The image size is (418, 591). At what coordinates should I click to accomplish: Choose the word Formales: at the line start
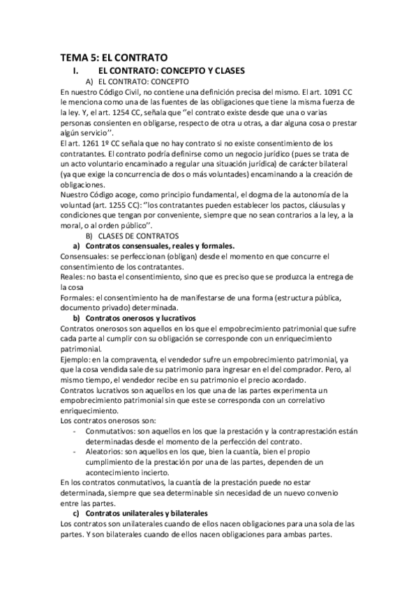tap(79, 298)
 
